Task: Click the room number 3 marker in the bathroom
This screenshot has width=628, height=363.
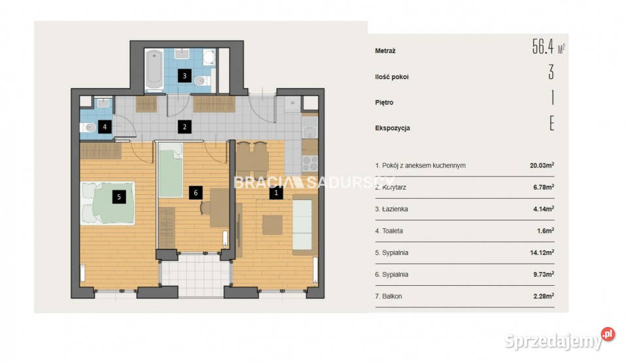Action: click(184, 76)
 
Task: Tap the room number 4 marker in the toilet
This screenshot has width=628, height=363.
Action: click(105, 127)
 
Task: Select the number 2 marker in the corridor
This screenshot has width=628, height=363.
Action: click(184, 127)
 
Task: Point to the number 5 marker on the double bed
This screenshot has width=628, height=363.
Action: click(119, 197)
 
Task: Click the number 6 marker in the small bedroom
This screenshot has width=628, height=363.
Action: click(196, 193)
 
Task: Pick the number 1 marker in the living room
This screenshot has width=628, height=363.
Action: click(276, 193)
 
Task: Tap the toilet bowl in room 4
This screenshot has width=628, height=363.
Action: click(88, 128)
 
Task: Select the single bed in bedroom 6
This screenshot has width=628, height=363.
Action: click(171, 170)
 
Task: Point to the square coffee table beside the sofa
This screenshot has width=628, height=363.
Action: click(272, 225)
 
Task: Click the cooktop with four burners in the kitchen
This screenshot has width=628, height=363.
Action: click(310, 164)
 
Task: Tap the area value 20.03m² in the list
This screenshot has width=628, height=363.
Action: click(542, 165)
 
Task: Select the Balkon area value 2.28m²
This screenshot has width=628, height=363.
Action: click(544, 296)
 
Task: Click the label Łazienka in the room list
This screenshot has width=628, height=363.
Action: click(394, 209)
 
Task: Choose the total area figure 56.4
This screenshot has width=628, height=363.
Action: click(543, 46)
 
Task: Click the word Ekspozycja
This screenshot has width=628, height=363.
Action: click(392, 128)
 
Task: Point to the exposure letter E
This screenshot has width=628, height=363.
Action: click(552, 123)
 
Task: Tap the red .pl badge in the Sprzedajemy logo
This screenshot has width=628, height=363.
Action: click(608, 334)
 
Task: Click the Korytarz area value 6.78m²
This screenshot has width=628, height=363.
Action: click(544, 187)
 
